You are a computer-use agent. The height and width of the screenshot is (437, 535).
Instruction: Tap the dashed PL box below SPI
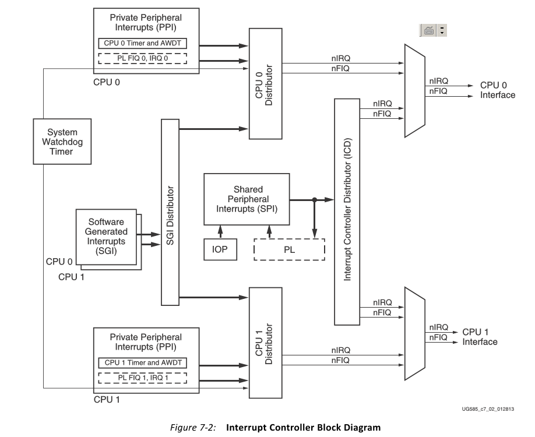289,249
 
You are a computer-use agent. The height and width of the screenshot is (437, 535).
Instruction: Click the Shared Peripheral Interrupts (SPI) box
248,199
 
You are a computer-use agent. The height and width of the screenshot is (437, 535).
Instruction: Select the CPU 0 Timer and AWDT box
142,43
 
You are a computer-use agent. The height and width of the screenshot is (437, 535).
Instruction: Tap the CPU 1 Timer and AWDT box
142,362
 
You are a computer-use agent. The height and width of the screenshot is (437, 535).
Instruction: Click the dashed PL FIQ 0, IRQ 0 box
142,58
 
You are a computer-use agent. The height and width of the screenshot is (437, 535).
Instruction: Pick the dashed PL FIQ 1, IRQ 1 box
142,378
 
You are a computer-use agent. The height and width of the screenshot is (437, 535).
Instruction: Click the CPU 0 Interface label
497,90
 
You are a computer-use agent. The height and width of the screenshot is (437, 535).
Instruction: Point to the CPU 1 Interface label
480,337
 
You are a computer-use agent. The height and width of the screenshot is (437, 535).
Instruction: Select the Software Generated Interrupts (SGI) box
107,237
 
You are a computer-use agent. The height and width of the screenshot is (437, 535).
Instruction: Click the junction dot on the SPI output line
314,200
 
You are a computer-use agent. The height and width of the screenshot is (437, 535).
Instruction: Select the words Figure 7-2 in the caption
193,428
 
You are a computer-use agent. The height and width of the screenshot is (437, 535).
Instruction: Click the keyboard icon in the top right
428,31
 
